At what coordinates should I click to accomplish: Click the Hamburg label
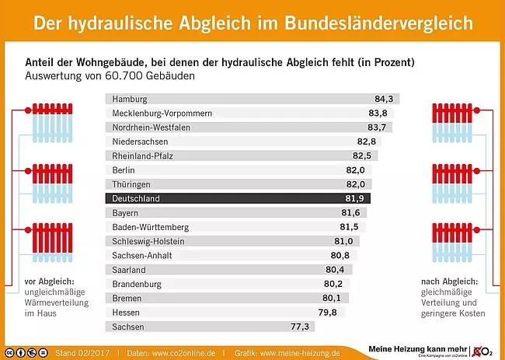tap(130, 99)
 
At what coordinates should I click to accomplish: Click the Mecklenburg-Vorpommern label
tap(162, 113)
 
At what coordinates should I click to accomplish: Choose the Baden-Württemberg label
tap(151, 227)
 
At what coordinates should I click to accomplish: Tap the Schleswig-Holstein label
tap(148, 241)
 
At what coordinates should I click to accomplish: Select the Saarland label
tap(130, 270)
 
